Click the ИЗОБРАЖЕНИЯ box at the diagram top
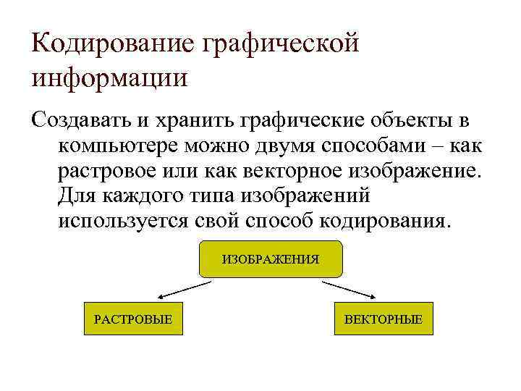click(x=270, y=258)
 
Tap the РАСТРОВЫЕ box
click(x=133, y=318)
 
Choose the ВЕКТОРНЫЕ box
click(x=383, y=318)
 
